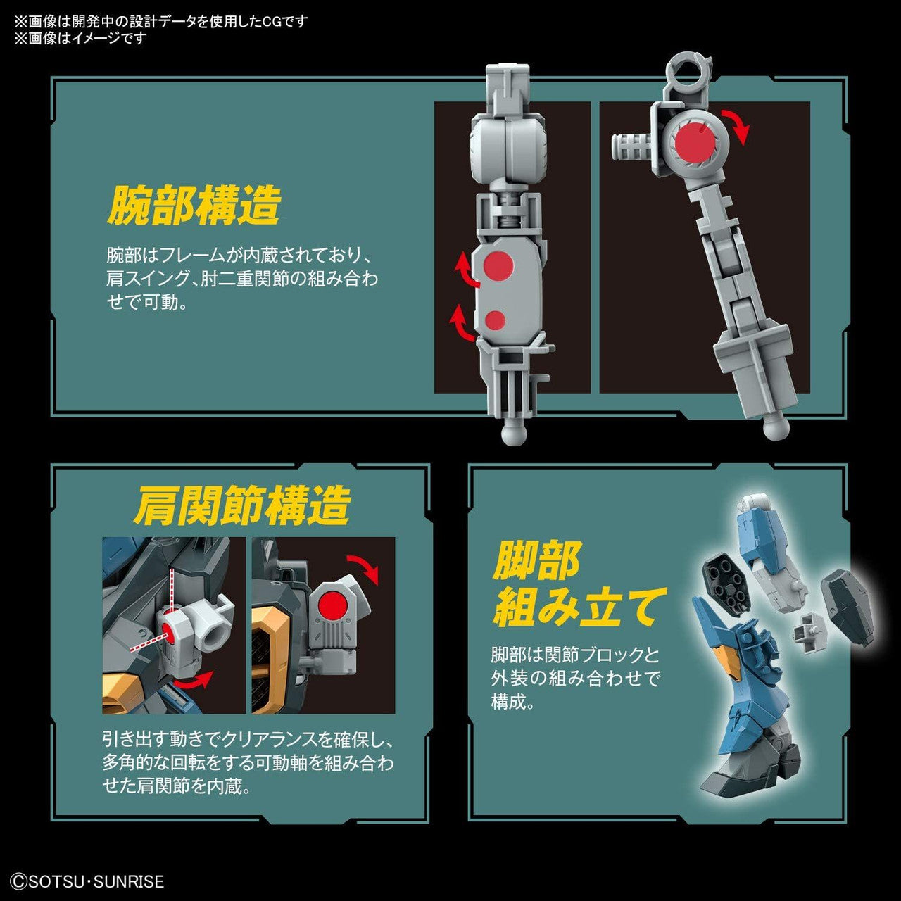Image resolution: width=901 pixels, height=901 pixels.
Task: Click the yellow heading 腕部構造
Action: coord(194,205)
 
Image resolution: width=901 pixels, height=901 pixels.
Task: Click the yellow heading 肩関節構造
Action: coord(241,505)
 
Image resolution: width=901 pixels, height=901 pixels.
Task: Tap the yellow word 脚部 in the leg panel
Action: coord(536,560)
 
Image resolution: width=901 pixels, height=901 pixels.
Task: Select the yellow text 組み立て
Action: coord(579,607)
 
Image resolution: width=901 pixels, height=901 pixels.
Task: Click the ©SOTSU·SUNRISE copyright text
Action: coord(88,881)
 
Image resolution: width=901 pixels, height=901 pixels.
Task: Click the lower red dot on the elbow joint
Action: coord(496,320)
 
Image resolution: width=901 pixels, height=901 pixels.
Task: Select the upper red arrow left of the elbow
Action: coord(465,271)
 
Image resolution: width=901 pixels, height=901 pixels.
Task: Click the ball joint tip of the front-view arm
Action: coord(514,434)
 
